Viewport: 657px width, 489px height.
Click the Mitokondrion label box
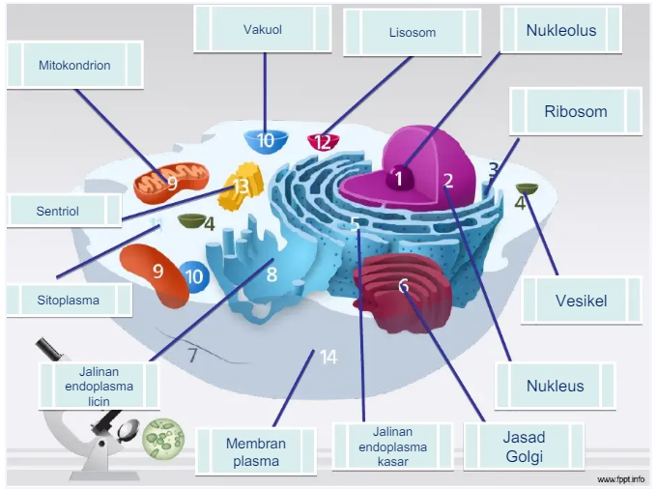tap(75, 65)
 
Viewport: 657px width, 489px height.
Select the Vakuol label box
tap(263, 29)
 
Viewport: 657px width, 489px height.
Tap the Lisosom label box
tap(412, 32)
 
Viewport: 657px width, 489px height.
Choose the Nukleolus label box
tap(561, 29)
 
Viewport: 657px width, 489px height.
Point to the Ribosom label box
tap(576, 111)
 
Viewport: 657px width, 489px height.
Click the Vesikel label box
tap(582, 300)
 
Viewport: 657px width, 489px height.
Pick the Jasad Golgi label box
tap(524, 446)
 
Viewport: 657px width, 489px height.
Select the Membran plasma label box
tap(256, 451)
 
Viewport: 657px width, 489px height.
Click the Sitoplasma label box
tap(70, 300)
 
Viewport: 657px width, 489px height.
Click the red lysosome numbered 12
tap(323, 142)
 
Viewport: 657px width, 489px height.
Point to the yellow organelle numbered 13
tap(241, 186)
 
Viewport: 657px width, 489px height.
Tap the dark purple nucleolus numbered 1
tap(400, 177)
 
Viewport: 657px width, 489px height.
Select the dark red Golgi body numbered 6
tap(402, 291)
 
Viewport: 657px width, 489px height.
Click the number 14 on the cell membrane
tap(328, 358)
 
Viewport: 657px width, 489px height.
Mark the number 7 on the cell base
tap(192, 356)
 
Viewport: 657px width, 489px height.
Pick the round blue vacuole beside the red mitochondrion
tap(194, 276)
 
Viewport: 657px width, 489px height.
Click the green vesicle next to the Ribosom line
tap(527, 188)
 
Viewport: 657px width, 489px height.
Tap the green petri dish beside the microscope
tap(163, 439)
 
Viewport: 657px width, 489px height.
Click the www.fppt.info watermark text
tap(621, 479)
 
